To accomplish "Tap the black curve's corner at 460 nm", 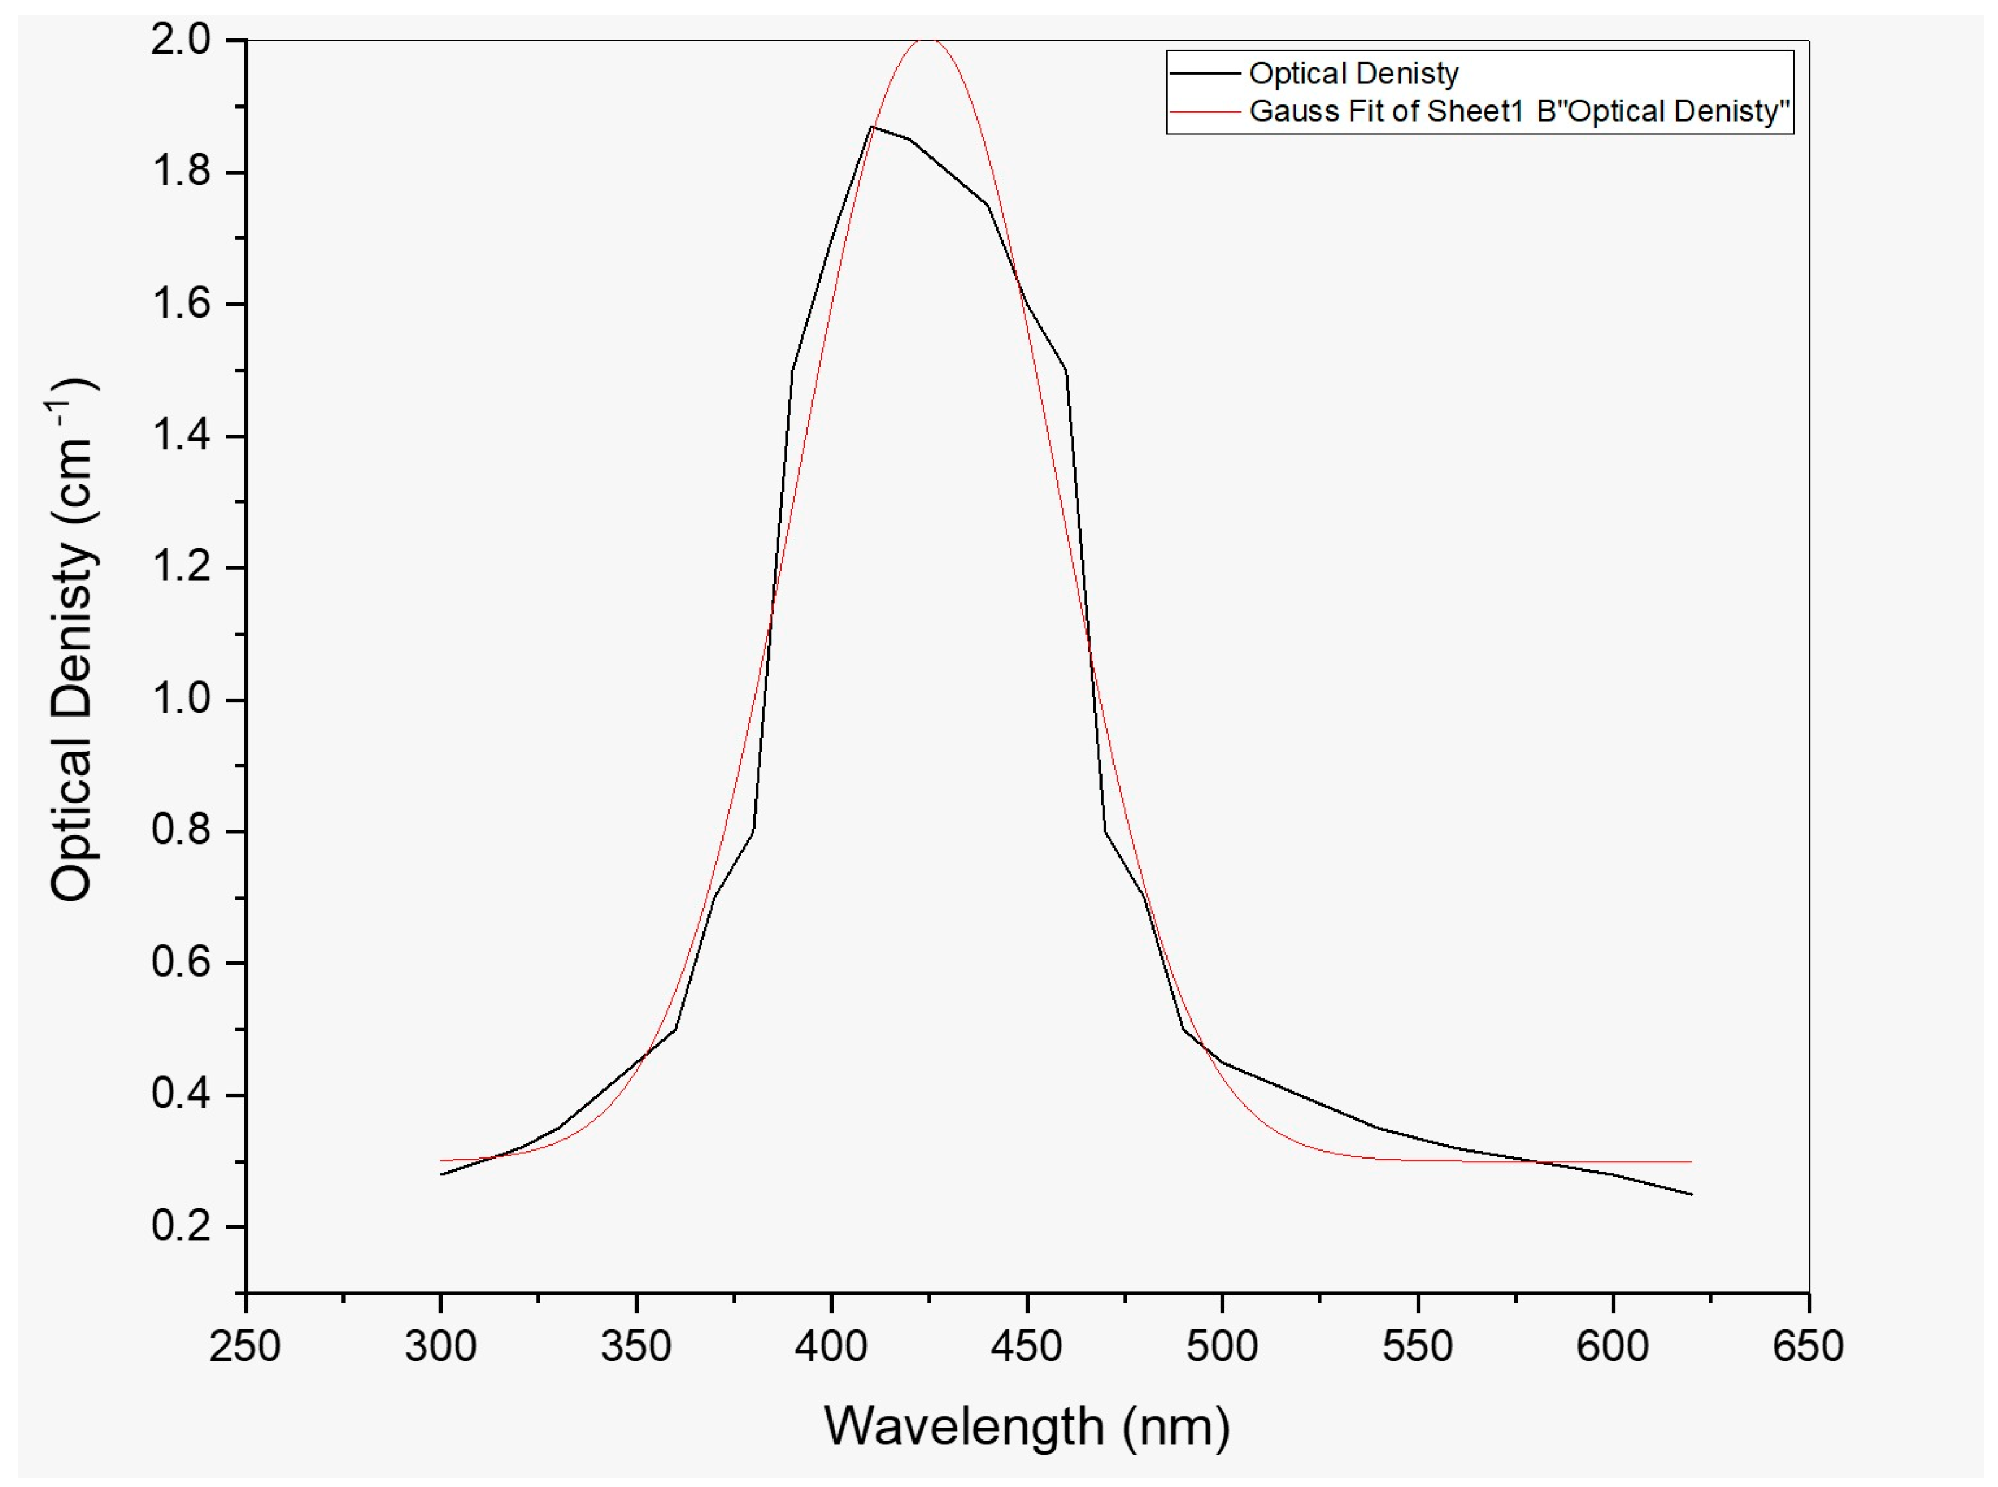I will [1065, 370].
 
